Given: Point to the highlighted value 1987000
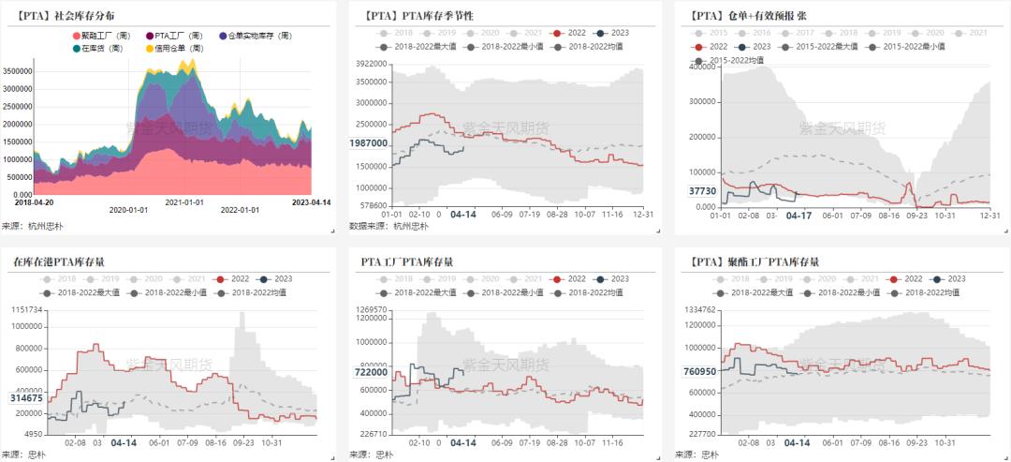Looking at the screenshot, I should (367, 143).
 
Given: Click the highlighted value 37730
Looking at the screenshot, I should (703, 190).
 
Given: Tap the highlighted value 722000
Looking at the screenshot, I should (368, 372).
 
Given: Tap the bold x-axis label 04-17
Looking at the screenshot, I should (798, 216).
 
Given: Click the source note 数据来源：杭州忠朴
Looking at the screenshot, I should (388, 226).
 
